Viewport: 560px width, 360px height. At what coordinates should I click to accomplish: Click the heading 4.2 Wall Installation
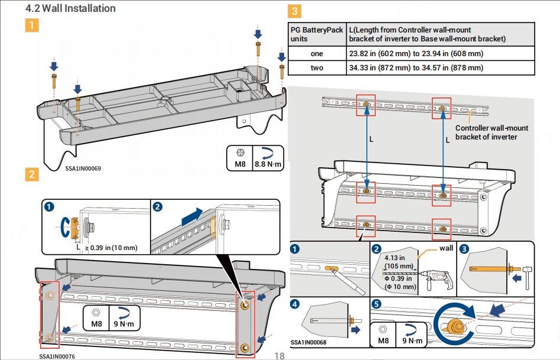[x=70, y=8]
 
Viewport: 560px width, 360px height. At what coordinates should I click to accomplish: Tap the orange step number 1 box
[x=32, y=25]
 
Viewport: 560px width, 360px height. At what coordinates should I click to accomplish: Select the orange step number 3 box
[x=294, y=11]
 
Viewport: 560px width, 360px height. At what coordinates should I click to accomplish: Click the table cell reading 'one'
[x=317, y=54]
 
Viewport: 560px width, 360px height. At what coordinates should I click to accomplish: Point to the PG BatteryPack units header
[x=317, y=34]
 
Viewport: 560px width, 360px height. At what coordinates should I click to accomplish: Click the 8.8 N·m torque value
[x=268, y=164]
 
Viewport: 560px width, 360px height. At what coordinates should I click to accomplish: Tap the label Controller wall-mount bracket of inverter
[x=491, y=132]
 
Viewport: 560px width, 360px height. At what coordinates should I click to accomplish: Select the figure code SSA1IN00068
[x=308, y=342]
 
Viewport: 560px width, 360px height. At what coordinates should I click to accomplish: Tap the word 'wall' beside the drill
[x=446, y=248]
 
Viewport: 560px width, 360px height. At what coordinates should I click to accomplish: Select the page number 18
[x=280, y=356]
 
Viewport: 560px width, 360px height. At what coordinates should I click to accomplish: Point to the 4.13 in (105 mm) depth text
[x=395, y=262]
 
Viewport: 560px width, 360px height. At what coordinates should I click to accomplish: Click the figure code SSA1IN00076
[x=57, y=356]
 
